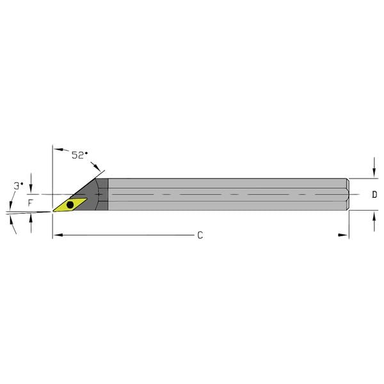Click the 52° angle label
79,155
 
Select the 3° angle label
18,185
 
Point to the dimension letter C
200,236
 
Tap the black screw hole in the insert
70,205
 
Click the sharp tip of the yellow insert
53,211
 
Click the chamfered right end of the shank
348,194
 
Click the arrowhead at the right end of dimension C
344,236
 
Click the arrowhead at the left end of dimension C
56,236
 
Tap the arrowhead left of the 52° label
57,150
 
